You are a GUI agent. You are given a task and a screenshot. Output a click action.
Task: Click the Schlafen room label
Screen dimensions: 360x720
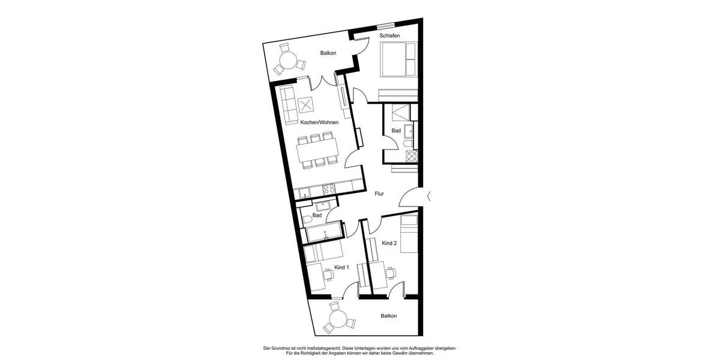(x=389, y=36)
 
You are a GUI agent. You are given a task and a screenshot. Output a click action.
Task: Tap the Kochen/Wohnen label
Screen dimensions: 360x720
(x=319, y=122)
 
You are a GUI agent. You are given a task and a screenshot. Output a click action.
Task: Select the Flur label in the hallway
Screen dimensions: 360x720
(x=379, y=194)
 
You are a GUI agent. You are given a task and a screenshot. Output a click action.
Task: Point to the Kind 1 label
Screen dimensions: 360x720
(x=341, y=267)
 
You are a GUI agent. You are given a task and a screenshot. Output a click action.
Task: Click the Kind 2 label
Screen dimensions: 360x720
(x=389, y=243)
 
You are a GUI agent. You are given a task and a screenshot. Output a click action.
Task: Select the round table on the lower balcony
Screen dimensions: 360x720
(x=338, y=318)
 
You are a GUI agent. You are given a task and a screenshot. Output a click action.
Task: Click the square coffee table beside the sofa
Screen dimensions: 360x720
(x=307, y=106)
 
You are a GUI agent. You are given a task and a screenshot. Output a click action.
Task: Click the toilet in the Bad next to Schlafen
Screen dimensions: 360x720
(x=407, y=146)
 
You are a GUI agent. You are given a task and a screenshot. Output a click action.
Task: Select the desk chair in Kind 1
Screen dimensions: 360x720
(x=329, y=275)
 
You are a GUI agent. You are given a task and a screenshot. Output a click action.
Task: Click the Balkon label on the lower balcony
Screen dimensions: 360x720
(x=388, y=316)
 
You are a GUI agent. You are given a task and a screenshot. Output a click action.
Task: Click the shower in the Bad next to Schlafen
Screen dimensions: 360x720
(x=398, y=112)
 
